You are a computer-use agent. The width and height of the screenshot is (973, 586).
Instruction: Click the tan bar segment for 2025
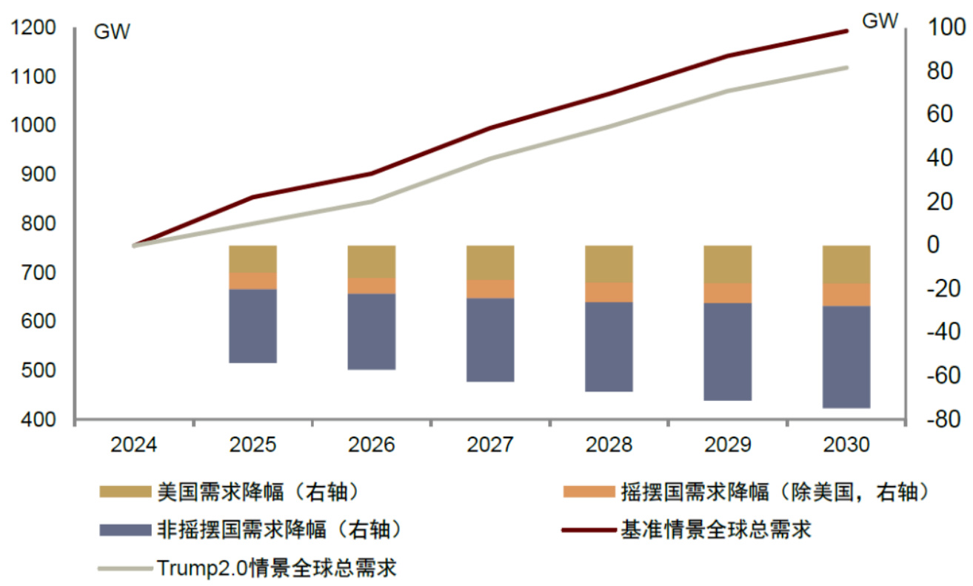coord(253,259)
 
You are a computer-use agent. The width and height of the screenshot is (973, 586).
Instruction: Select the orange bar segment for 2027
coord(490,289)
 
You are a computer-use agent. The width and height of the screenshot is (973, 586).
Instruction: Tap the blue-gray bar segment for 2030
coord(846,357)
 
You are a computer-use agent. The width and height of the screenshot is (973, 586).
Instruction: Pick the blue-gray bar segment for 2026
coord(372,331)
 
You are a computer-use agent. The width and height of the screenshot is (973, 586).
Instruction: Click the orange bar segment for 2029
coord(727,293)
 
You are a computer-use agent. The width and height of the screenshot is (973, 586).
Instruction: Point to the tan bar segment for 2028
coord(609,263)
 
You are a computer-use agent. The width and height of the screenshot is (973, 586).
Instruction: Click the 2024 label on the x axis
coord(134,445)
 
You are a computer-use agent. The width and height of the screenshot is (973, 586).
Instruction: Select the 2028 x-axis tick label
coord(609,445)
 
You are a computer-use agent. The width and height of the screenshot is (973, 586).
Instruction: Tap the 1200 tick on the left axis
coord(33,28)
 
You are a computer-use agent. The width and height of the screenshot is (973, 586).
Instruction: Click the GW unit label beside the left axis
coord(111,33)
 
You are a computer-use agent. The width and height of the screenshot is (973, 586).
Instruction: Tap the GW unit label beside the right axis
coord(880,22)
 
